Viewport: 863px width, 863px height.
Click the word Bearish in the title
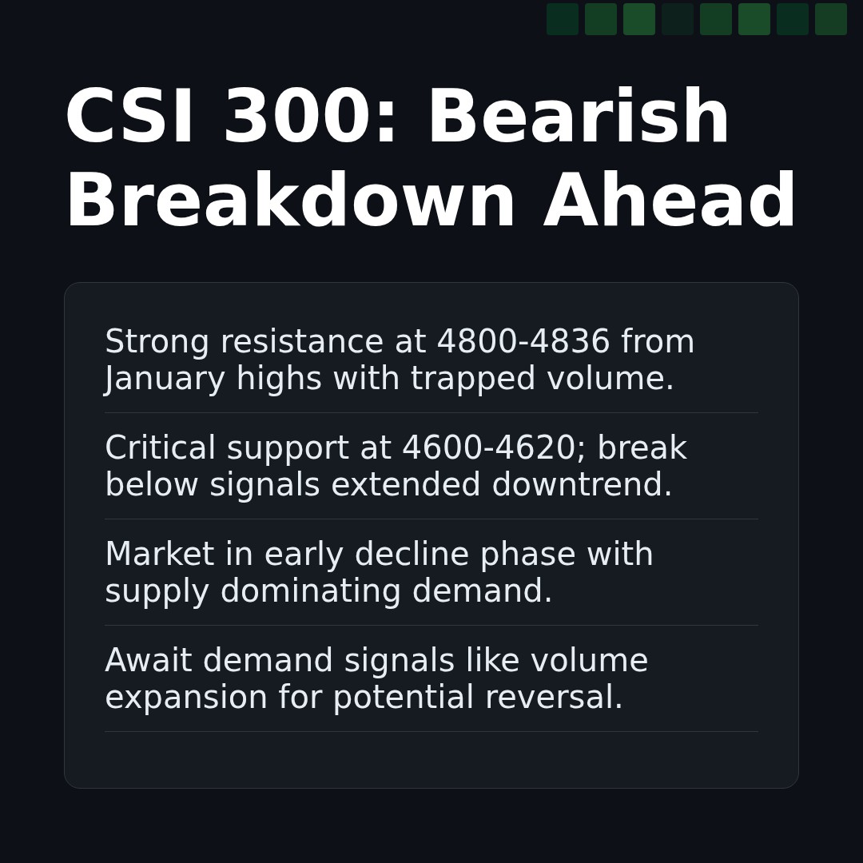(578, 118)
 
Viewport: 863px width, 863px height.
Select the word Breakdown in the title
(290, 202)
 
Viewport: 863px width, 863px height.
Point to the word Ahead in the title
(670, 202)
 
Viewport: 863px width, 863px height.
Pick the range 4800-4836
(523, 343)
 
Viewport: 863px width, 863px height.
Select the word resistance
(302, 343)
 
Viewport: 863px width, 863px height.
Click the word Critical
(161, 449)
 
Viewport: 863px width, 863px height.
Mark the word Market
(160, 555)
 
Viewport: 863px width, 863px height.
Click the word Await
(149, 662)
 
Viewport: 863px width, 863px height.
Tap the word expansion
(186, 698)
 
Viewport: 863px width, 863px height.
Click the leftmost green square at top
(563, 19)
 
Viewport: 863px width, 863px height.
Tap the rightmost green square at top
(831, 19)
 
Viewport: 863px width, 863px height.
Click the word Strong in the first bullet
(157, 343)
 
